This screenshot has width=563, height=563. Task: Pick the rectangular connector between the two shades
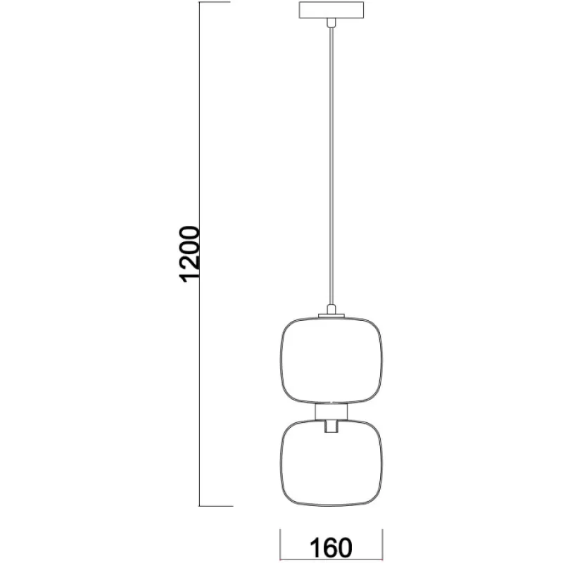point(331,411)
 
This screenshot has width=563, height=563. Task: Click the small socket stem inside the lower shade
point(331,426)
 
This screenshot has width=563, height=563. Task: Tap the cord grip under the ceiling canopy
point(330,24)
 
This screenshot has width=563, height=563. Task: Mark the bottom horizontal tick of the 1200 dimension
point(215,506)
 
